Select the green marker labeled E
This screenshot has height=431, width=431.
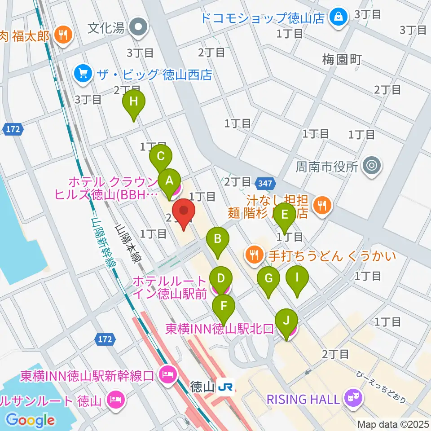pyautogui.click(x=284, y=215)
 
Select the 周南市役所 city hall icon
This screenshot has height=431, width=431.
pyautogui.click(x=372, y=167)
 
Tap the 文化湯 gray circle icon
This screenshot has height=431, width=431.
pyautogui.click(x=138, y=28)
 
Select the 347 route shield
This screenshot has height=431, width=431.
pyautogui.click(x=264, y=183)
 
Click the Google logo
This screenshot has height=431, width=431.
pyautogui.click(x=31, y=420)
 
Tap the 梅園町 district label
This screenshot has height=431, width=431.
pyautogui.click(x=342, y=60)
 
